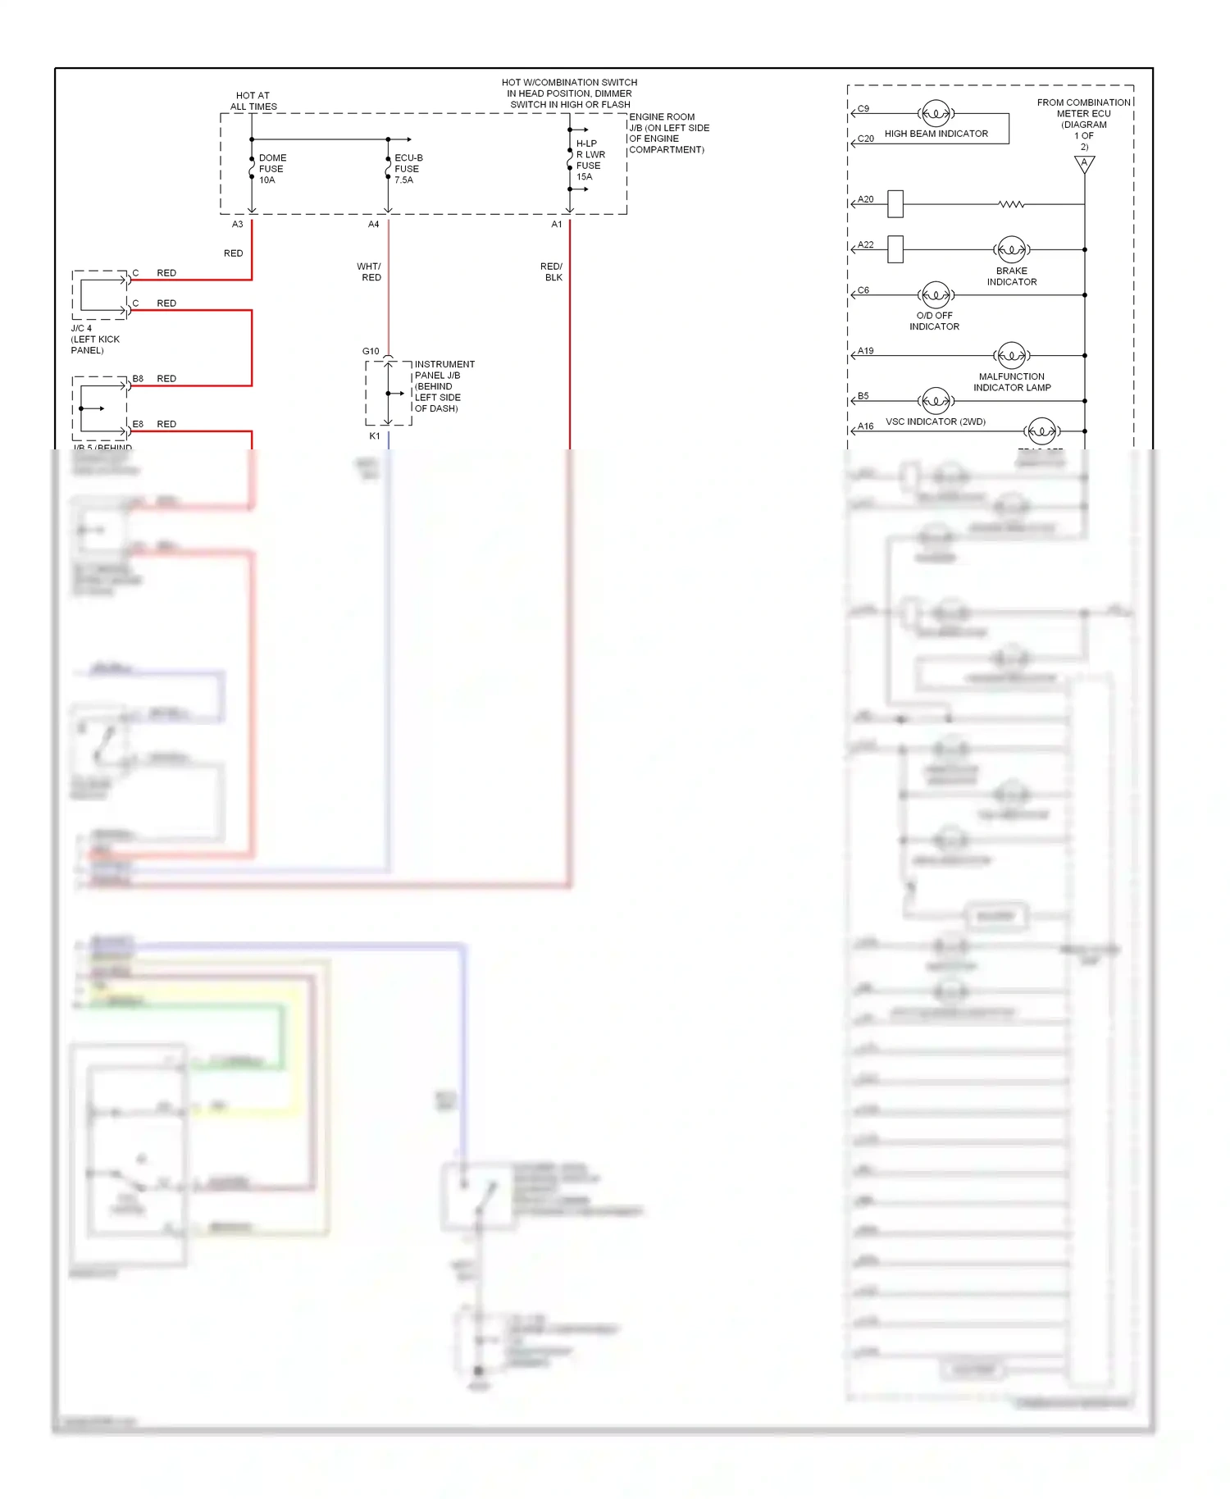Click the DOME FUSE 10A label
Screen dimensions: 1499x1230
271,169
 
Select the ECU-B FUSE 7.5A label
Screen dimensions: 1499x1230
408,169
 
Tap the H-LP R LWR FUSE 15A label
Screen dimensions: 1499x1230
590,160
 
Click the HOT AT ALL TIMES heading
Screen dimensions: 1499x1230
253,101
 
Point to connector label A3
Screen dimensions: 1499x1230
237,224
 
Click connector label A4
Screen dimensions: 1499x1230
373,224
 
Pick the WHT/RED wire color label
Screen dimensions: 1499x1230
370,271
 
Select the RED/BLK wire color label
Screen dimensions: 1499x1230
552,271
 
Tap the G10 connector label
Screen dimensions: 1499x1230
371,351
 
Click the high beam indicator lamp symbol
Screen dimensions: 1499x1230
936,113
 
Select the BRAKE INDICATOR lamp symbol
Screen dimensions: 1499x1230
1011,249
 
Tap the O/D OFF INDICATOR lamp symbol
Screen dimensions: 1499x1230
936,294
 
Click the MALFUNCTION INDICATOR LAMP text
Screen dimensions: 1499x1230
1011,382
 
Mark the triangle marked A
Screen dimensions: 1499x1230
1084,164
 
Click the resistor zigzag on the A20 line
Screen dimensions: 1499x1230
1011,204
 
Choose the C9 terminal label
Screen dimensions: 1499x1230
863,108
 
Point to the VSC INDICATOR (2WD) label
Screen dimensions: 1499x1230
935,421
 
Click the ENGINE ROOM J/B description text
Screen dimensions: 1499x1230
667,133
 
